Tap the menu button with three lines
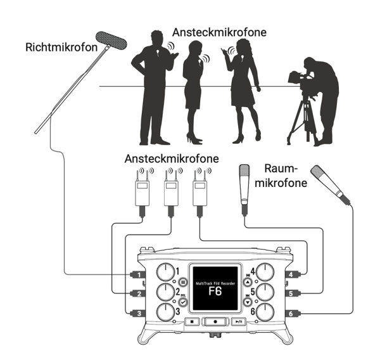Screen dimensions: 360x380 (182, 281)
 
